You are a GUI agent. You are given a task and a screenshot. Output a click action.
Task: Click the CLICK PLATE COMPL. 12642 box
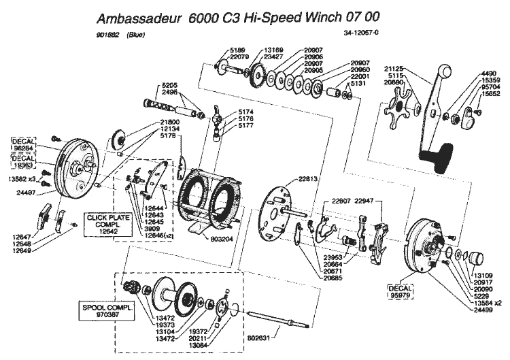103,224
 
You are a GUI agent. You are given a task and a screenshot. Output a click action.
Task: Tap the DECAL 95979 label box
400,291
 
